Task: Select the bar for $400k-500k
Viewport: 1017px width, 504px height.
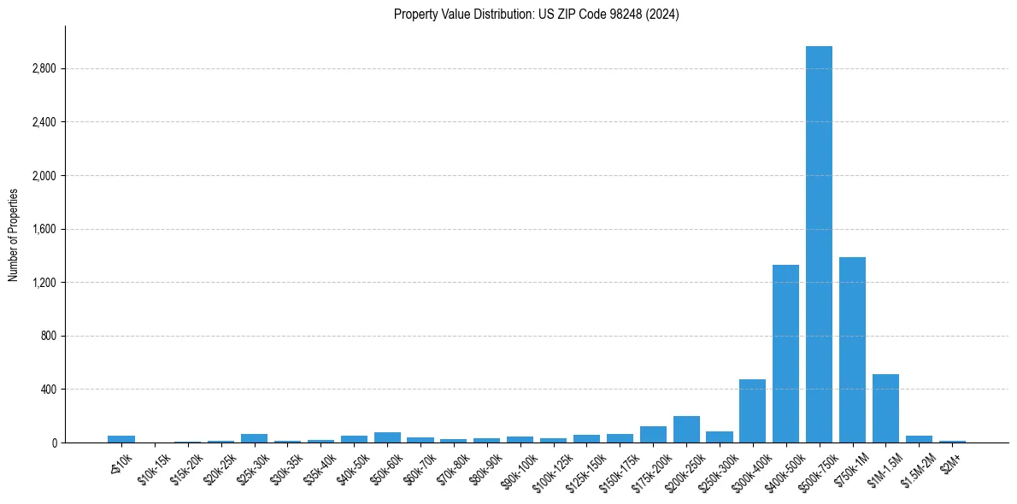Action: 785,354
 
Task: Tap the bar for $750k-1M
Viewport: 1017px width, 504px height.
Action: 852,350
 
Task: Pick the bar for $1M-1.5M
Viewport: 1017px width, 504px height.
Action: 885,408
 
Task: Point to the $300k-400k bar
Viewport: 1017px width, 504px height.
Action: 752,411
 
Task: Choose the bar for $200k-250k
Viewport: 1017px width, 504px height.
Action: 686,430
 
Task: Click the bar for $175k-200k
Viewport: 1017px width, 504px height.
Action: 653,435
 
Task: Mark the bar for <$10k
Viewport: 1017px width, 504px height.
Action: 121,439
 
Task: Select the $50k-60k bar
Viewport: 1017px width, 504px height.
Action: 387,437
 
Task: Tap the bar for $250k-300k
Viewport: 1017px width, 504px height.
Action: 720,437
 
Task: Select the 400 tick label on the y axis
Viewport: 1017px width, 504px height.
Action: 49,390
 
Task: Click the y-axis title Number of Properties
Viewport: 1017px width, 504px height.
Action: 13,234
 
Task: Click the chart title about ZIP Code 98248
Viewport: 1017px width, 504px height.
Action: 536,15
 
